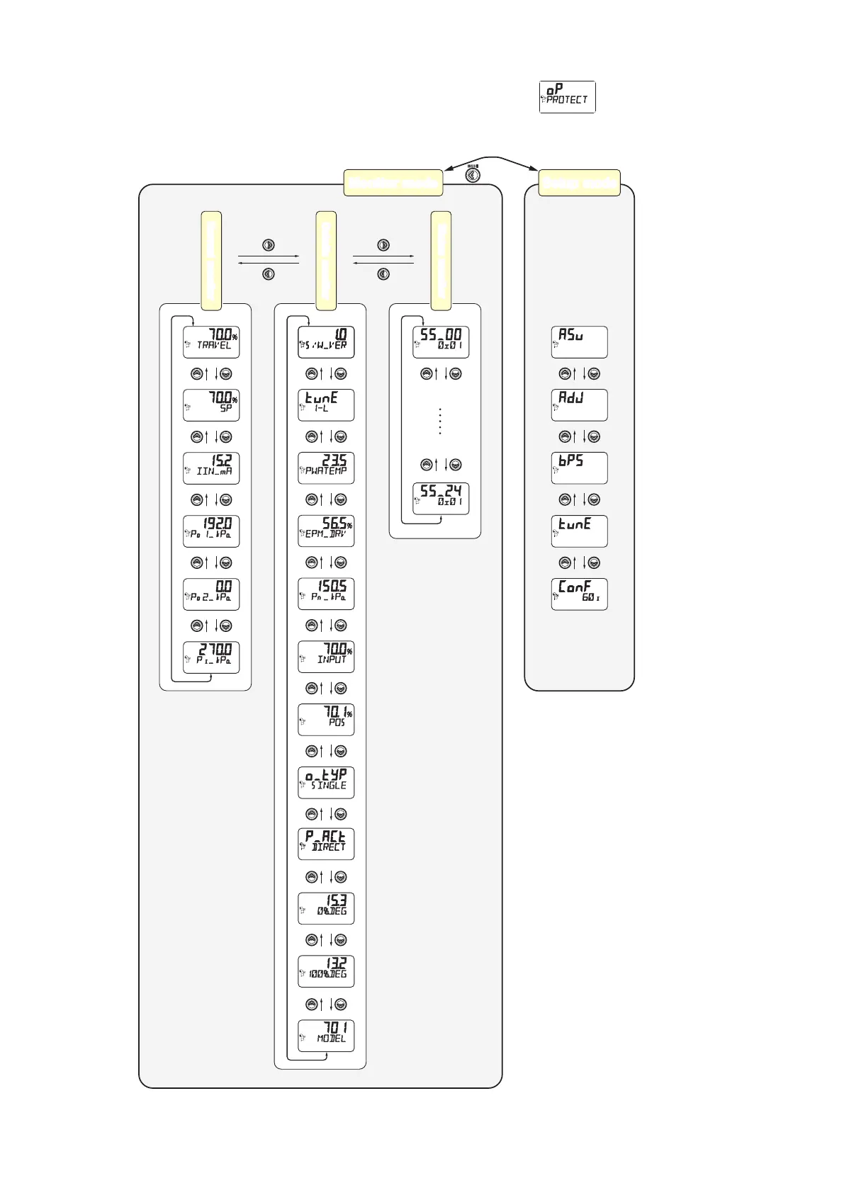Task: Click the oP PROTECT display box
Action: pyautogui.click(x=567, y=97)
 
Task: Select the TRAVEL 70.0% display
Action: pyautogui.click(x=211, y=342)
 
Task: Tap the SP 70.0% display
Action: pyautogui.click(x=211, y=405)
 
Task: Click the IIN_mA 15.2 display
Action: pyautogui.click(x=211, y=468)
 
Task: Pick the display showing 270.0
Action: pyautogui.click(x=211, y=657)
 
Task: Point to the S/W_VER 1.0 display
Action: pyautogui.click(x=326, y=342)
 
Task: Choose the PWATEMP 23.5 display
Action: pyautogui.click(x=326, y=468)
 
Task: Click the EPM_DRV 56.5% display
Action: pyautogui.click(x=326, y=531)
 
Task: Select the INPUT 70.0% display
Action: pyautogui.click(x=326, y=657)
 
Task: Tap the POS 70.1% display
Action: pyautogui.click(x=326, y=720)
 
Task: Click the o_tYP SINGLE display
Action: pyautogui.click(x=326, y=783)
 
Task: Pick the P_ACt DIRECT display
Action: pyautogui.click(x=326, y=844)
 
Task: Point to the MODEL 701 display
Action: pyautogui.click(x=326, y=1036)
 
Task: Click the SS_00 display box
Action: pyautogui.click(x=441, y=342)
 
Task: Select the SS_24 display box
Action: pyautogui.click(x=441, y=499)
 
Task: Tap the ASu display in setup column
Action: pyautogui.click(x=579, y=342)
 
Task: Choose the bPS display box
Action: pyautogui.click(x=579, y=468)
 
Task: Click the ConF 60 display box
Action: pyautogui.click(x=579, y=594)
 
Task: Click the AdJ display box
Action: pyautogui.click(x=579, y=405)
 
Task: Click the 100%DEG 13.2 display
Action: pyautogui.click(x=326, y=971)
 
